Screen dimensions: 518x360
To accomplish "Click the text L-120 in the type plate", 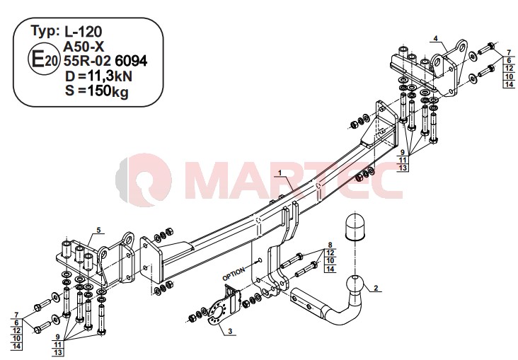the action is [83, 32].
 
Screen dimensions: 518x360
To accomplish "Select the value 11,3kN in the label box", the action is [110, 76].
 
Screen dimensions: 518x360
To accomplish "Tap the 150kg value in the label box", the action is [108, 91].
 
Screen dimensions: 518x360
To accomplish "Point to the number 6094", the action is [131, 61].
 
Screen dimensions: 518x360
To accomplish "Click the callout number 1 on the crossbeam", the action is [280, 173].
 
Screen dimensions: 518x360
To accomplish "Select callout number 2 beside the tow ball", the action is [376, 288].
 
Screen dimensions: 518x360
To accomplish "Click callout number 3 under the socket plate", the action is [230, 331].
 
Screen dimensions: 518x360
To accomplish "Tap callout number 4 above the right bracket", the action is [435, 39].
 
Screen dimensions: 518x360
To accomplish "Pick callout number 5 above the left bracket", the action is [98, 230].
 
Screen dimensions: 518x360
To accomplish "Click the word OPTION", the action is [234, 274].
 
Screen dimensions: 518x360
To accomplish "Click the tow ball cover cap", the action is [355, 227].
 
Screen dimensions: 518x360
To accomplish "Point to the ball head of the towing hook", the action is [355, 284].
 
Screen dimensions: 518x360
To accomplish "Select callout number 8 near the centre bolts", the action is [330, 245].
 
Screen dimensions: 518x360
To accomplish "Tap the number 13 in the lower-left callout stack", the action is [58, 353].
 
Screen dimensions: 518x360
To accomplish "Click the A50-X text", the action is [84, 47].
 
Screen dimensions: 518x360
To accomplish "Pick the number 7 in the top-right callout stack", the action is [509, 52].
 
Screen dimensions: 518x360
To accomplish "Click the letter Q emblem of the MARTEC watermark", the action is [144, 180].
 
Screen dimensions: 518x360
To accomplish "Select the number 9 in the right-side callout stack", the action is [403, 152].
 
